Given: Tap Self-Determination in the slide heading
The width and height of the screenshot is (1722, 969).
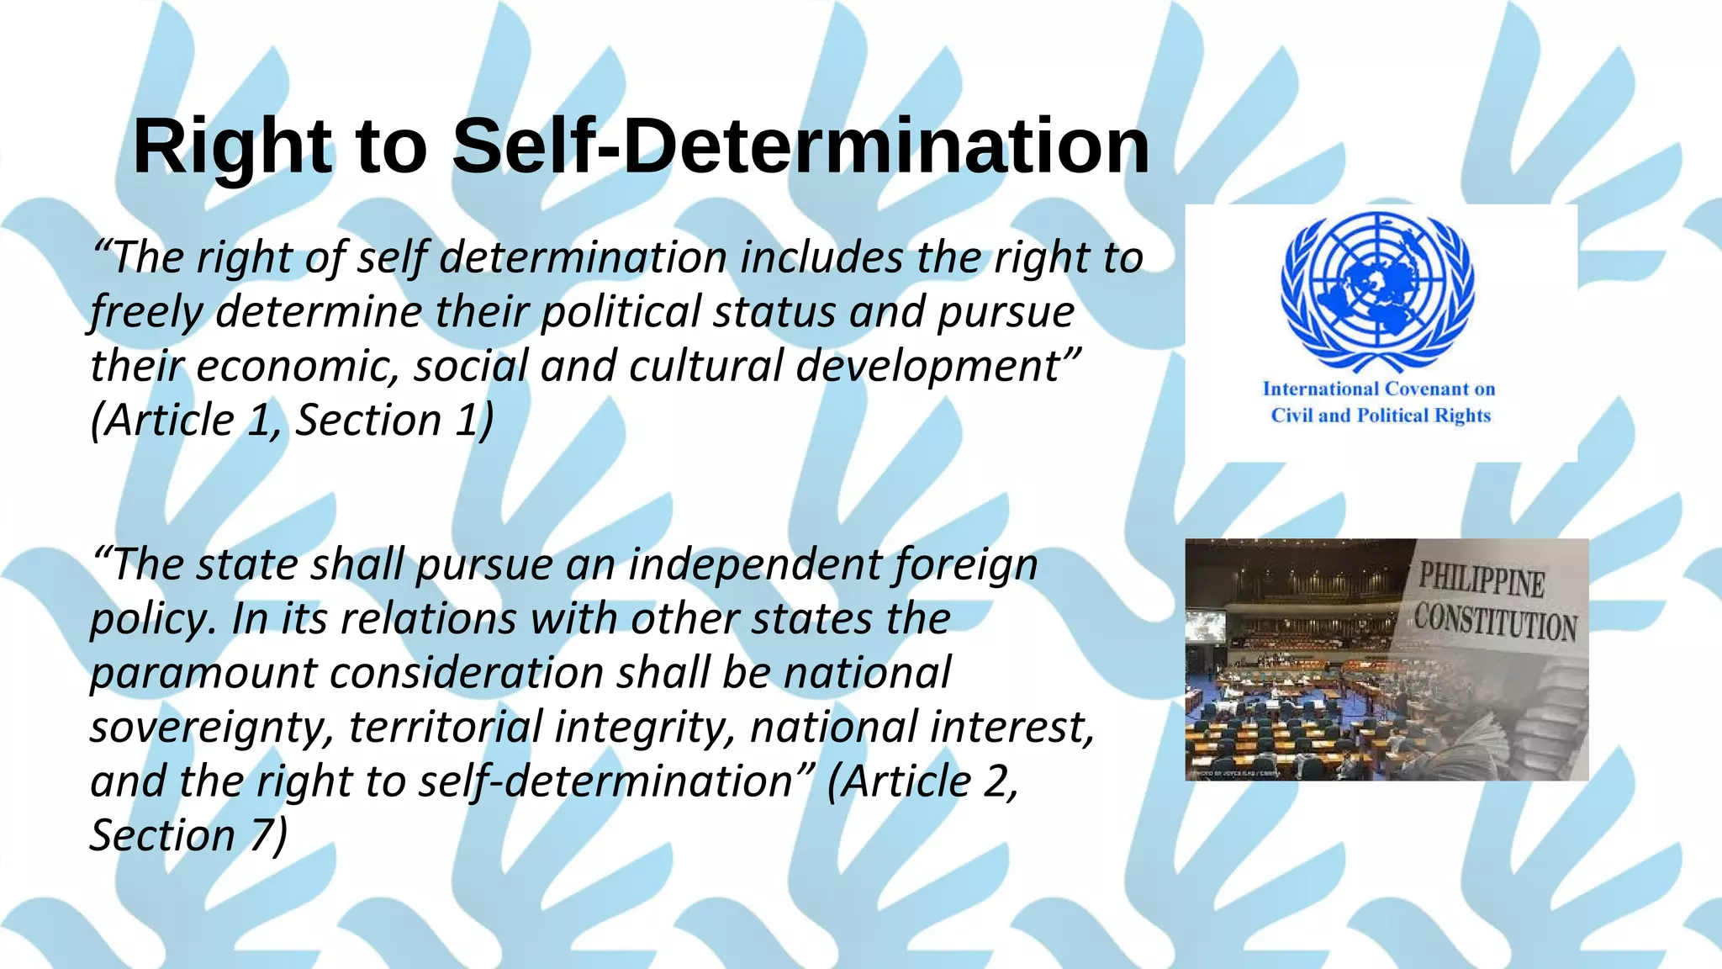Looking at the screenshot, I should point(800,146).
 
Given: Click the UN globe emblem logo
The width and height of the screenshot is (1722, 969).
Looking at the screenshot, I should point(1377,291).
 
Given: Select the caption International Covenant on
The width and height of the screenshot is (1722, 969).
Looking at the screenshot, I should point(1379,389).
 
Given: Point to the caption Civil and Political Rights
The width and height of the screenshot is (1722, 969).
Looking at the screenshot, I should point(1380,416).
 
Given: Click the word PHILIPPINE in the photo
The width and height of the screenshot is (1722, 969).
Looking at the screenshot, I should point(1482,580).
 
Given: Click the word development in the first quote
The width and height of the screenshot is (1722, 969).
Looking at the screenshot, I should point(935,367).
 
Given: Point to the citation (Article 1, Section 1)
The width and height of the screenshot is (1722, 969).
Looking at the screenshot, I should point(292,421).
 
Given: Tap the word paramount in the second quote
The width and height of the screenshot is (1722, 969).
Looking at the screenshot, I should point(203,674).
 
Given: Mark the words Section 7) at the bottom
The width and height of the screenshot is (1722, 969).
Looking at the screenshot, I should point(188,836).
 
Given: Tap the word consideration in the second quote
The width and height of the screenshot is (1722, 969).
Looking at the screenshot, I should point(466,674).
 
